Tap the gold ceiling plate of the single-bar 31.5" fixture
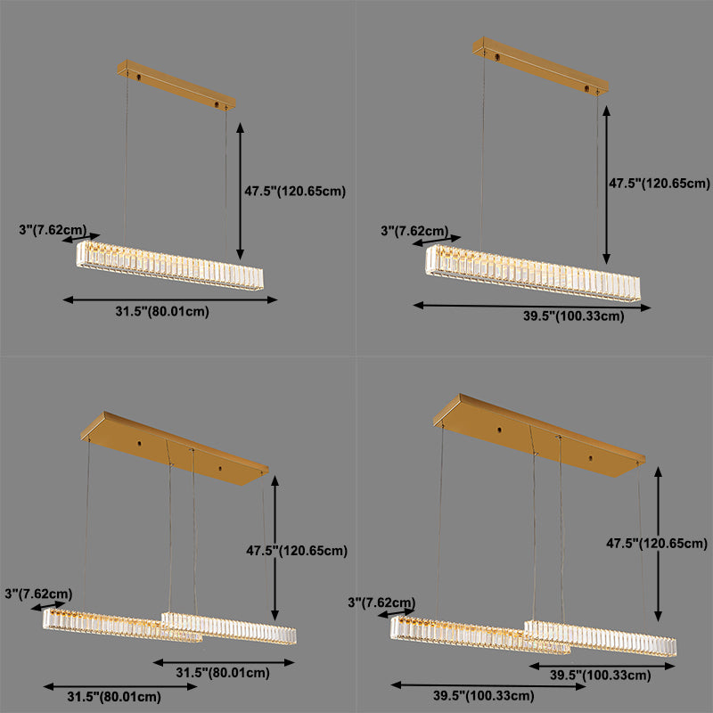tap(176, 85)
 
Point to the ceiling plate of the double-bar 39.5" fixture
tap(539, 434)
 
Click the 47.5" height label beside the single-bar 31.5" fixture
tap(295, 191)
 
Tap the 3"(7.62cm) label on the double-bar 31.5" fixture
tap(37, 593)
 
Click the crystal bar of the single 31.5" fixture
tap(170, 264)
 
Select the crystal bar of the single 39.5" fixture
tap(533, 272)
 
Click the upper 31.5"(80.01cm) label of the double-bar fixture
tap(222, 673)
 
